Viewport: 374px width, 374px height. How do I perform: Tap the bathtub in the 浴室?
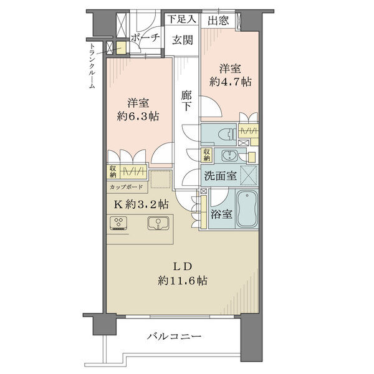[x=247, y=209]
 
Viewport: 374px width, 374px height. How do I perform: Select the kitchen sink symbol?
[x=158, y=223]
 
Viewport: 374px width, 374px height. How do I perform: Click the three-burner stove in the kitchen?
[x=118, y=223]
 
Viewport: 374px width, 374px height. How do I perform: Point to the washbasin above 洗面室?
[x=230, y=155]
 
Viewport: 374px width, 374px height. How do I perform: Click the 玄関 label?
[x=183, y=40]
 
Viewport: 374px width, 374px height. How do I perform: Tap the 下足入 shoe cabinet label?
[x=183, y=19]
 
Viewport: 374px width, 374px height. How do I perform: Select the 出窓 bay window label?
[x=218, y=21]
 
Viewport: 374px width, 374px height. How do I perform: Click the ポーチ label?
[x=145, y=37]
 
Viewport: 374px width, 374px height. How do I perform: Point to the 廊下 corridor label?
[x=186, y=101]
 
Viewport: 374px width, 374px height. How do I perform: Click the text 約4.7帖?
[x=230, y=82]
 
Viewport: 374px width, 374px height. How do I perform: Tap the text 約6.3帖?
[x=138, y=117]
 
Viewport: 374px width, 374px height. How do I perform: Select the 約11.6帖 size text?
[x=183, y=280]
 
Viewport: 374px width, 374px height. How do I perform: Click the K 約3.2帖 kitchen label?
[x=141, y=204]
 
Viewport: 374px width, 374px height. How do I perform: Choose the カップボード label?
[x=127, y=187]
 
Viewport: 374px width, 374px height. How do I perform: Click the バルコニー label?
[x=174, y=337]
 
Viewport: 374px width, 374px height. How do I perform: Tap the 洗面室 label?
[x=221, y=176]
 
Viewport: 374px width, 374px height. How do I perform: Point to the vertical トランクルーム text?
[x=92, y=66]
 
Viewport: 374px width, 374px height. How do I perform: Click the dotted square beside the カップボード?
[x=161, y=179]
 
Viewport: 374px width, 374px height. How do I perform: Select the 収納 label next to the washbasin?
[x=206, y=155]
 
